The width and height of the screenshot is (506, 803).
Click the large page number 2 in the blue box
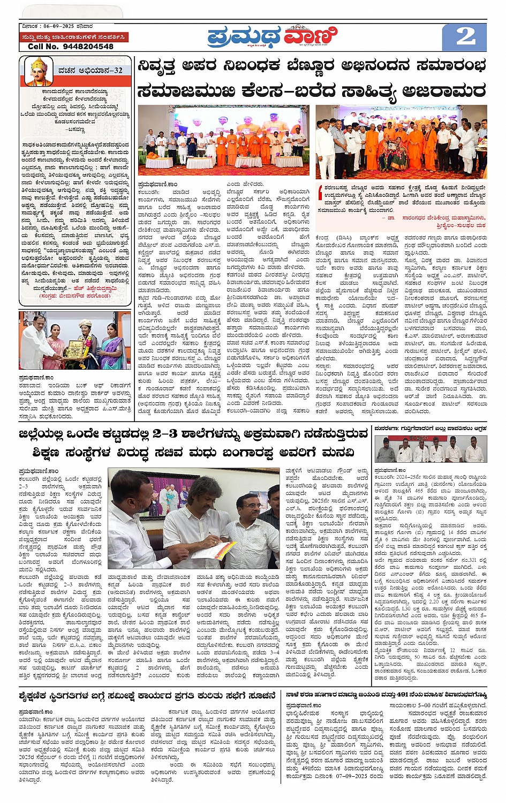click(465, 36)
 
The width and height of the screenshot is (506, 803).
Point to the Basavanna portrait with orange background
click(38, 72)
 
